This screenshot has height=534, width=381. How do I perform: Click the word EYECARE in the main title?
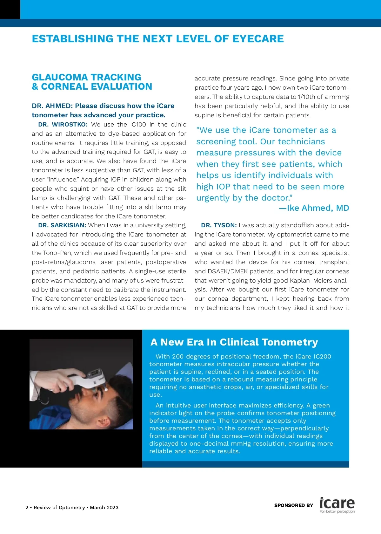click(258, 39)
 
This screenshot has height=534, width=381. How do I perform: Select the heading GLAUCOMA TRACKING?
click(86, 77)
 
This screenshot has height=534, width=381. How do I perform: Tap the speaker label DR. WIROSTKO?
click(63, 125)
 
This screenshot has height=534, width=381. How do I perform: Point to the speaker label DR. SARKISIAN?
click(62, 225)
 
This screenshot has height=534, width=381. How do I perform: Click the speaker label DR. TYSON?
click(219, 225)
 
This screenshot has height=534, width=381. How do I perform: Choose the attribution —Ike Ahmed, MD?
click(314, 208)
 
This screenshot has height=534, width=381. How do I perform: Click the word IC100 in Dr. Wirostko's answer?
click(138, 125)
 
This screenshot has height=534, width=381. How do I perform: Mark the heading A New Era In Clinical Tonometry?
click(234, 342)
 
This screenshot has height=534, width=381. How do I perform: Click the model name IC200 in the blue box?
click(322, 357)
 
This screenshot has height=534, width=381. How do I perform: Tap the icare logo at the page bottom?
click(337, 504)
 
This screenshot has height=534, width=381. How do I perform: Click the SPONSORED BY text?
click(293, 505)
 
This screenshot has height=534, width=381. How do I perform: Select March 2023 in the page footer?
click(104, 508)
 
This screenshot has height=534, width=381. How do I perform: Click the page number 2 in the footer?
click(27, 508)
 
